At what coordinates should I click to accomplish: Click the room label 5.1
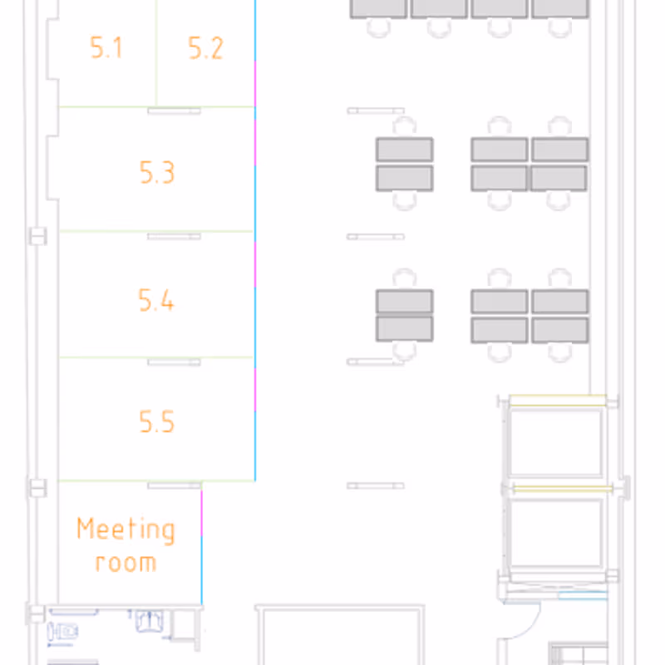[x=106, y=47]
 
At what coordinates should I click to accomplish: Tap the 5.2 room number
[x=205, y=48]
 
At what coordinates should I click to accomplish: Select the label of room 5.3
[x=157, y=172]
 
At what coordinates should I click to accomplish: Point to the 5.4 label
[x=156, y=300]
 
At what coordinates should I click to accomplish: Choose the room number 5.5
[x=157, y=421]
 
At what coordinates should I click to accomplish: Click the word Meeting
[x=126, y=530]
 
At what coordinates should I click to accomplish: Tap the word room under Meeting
[x=126, y=563]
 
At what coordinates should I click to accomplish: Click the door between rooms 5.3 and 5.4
[x=174, y=236]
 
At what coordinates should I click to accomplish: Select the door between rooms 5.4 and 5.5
[x=174, y=362]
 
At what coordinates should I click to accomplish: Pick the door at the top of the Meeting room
[x=174, y=485]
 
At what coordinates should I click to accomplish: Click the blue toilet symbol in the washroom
[x=62, y=632]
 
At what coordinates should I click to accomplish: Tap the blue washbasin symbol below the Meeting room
[x=149, y=621]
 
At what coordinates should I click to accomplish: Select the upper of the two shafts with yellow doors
[x=556, y=442]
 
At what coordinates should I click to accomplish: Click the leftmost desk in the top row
[x=378, y=8]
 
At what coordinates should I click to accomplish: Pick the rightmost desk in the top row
[x=560, y=8]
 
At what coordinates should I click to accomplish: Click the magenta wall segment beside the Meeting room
[x=201, y=512]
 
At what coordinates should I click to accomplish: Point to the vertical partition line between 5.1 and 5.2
[x=156, y=53]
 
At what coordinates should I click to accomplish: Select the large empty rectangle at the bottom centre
[x=340, y=635]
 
